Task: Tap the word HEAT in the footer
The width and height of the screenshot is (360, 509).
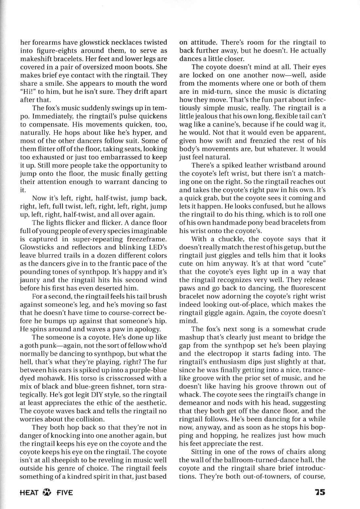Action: tap(30, 492)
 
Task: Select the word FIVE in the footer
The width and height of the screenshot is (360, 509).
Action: tap(64, 492)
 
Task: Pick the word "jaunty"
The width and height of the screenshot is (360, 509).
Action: tap(30, 280)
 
